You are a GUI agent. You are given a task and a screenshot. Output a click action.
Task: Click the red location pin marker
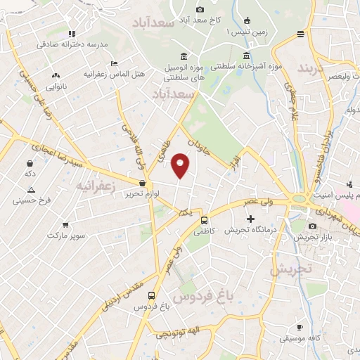pos(181,166)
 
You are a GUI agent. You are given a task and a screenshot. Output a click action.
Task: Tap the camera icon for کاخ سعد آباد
pos(200,9)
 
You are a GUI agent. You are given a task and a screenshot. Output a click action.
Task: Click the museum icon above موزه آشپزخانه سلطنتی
pos(246,56)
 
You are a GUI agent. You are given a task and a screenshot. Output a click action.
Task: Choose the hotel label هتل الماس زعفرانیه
pos(114,73)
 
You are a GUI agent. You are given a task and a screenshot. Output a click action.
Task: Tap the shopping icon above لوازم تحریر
pos(142,182)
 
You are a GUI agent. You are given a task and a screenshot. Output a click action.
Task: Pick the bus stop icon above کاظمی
pos(205,220)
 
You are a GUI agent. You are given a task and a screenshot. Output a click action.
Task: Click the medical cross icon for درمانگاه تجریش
pos(251,219)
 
